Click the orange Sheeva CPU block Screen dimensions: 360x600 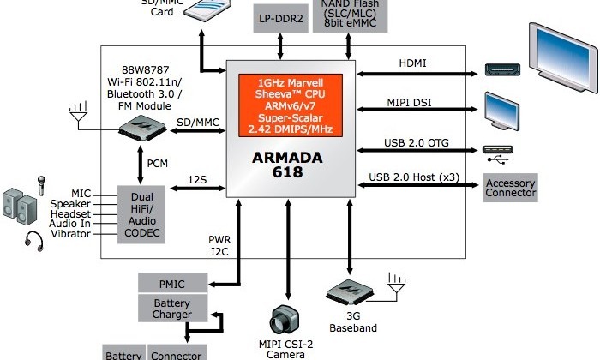click(x=291, y=105)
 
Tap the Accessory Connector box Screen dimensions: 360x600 click(x=511, y=188)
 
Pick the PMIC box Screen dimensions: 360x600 click(x=172, y=284)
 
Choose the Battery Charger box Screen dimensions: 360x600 click(x=172, y=309)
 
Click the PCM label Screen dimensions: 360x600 click(x=158, y=163)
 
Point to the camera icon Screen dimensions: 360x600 click(x=285, y=319)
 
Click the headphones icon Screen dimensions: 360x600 click(x=33, y=239)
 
